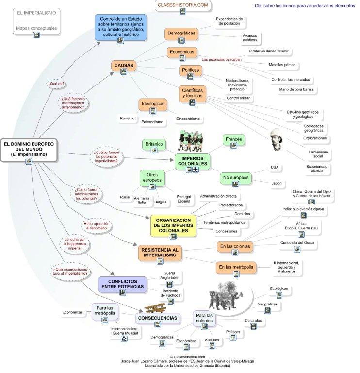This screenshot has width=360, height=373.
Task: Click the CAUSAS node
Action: coord(124,66)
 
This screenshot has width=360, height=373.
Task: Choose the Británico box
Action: coord(154,144)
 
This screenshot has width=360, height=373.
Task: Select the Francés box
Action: coord(233,140)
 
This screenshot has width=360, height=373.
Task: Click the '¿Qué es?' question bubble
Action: coord(56,84)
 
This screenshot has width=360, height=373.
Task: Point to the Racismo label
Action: coord(127,118)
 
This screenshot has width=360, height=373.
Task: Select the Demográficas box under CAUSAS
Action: coord(181,34)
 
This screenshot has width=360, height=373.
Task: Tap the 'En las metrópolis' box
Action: coord(235,267)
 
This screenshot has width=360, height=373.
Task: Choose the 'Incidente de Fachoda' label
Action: coord(170,293)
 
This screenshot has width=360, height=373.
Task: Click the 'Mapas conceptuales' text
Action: coord(36,28)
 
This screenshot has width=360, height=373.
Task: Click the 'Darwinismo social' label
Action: coord(318,154)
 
